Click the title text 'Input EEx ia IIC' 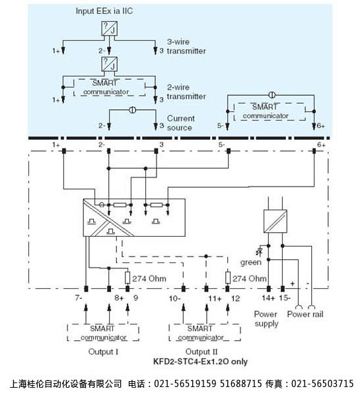tap(104, 11)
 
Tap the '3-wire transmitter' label tap(186, 46)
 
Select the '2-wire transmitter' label tap(186, 92)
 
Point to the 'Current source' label tap(180, 123)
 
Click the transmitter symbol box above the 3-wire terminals tap(109, 28)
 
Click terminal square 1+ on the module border tap(64, 151)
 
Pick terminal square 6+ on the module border tap(314, 151)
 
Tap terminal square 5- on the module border tap(229, 151)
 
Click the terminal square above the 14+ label tap(269, 289)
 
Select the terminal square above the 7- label tap(86, 289)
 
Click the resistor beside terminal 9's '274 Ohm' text tap(127, 278)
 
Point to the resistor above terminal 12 tap(228, 278)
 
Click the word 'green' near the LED tap(251, 262)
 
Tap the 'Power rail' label tap(305, 314)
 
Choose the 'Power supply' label tap(266, 318)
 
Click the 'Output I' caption tap(103, 351)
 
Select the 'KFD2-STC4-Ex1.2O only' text tap(200, 361)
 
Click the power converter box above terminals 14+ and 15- tap(275, 222)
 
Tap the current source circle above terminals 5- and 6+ tap(272, 95)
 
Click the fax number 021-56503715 tap(322, 384)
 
